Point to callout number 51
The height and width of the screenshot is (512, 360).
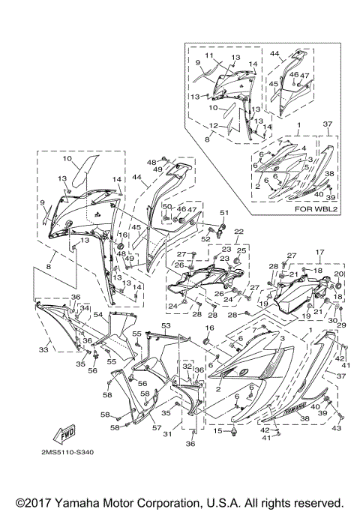(222, 214)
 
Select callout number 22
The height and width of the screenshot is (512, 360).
(239, 232)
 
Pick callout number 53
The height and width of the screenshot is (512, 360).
(166, 326)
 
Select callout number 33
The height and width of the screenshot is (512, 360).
(44, 349)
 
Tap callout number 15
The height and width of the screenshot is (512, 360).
(218, 431)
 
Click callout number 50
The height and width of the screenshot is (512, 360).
(167, 206)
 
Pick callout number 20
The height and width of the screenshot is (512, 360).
(337, 274)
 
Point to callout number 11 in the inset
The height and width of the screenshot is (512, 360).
(210, 56)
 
